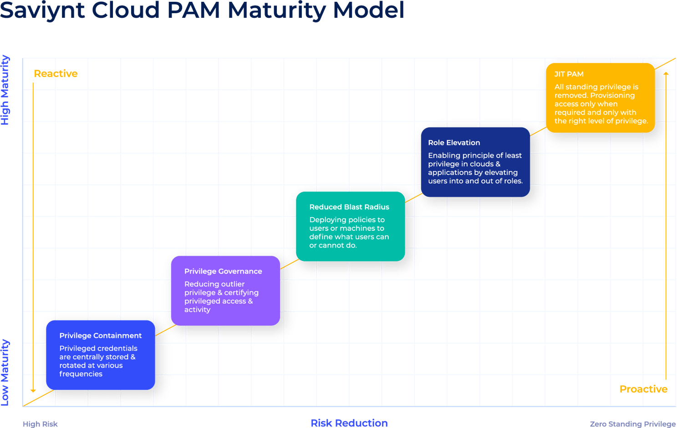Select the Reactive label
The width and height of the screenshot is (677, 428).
coord(56,74)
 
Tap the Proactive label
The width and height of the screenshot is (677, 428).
coord(643,389)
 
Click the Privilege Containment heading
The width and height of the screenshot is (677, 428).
coord(101,336)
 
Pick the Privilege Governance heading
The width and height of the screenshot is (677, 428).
coord(223,271)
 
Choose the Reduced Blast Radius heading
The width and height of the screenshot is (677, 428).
coord(349,207)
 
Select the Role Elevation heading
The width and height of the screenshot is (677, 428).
coord(454,143)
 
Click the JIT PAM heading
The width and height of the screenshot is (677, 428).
coord(569,74)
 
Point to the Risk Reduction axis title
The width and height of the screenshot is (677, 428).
coord(349,423)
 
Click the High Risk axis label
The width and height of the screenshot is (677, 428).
coord(40,424)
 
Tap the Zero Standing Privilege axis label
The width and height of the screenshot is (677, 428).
coord(632,424)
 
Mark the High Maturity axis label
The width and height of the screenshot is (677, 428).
coord(5,90)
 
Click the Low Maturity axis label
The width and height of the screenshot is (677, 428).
coord(5,372)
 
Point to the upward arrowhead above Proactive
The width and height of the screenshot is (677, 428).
coord(666,73)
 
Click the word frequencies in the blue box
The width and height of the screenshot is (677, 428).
coord(81,374)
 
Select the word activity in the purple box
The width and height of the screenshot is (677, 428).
coord(197,310)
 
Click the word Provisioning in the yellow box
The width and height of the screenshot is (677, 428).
coord(612,96)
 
